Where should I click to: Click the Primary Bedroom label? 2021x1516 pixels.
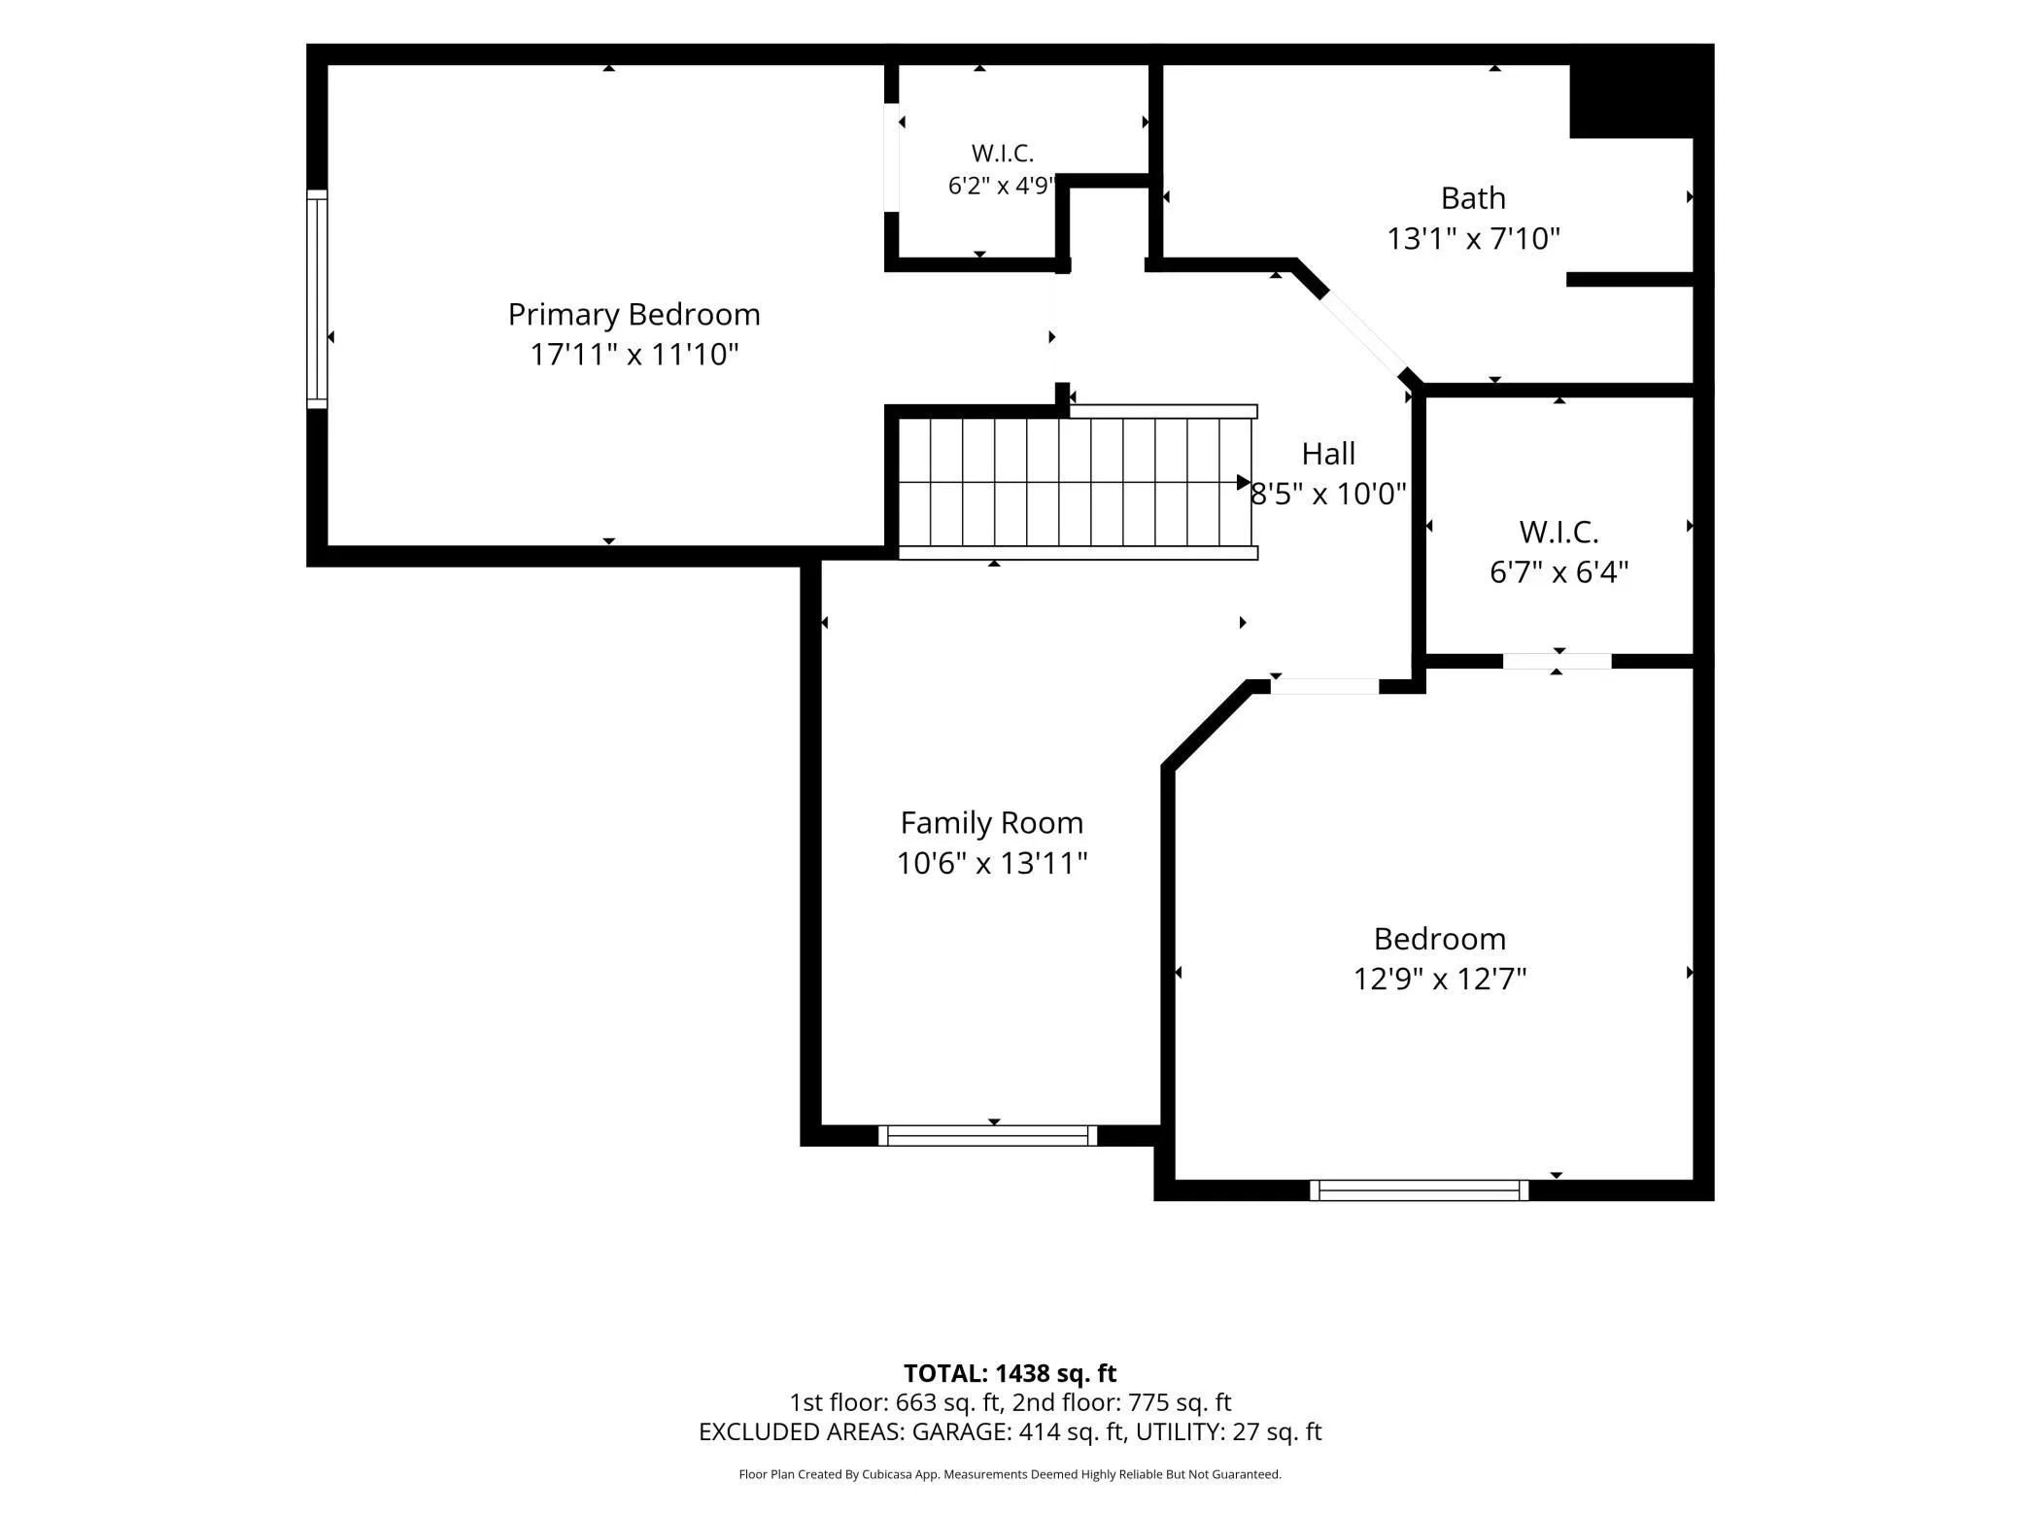[x=634, y=315]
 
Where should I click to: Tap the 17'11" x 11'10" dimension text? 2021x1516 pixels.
[x=634, y=355]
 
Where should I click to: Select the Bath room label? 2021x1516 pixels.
[x=1473, y=198]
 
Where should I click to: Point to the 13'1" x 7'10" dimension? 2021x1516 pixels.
[x=1473, y=239]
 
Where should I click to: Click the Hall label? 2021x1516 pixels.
[x=1328, y=454]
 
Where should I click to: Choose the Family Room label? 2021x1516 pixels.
[x=991, y=823]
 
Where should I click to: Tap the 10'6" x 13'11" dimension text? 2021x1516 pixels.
[x=991, y=863]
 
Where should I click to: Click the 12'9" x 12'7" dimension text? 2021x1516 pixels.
[x=1440, y=979]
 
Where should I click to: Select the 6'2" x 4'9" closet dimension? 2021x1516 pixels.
[x=1001, y=186]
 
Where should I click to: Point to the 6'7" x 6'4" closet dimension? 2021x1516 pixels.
[x=1559, y=572]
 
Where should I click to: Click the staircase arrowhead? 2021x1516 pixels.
[x=1244, y=482]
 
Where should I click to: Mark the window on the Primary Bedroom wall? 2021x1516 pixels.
[x=317, y=298]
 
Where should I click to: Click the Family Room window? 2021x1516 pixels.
[x=988, y=1135]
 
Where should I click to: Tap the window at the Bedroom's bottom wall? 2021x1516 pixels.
[x=1419, y=1190]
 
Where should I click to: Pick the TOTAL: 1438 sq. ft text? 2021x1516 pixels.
[x=1010, y=1373]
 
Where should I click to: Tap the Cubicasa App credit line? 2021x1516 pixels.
[x=1010, y=1474]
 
